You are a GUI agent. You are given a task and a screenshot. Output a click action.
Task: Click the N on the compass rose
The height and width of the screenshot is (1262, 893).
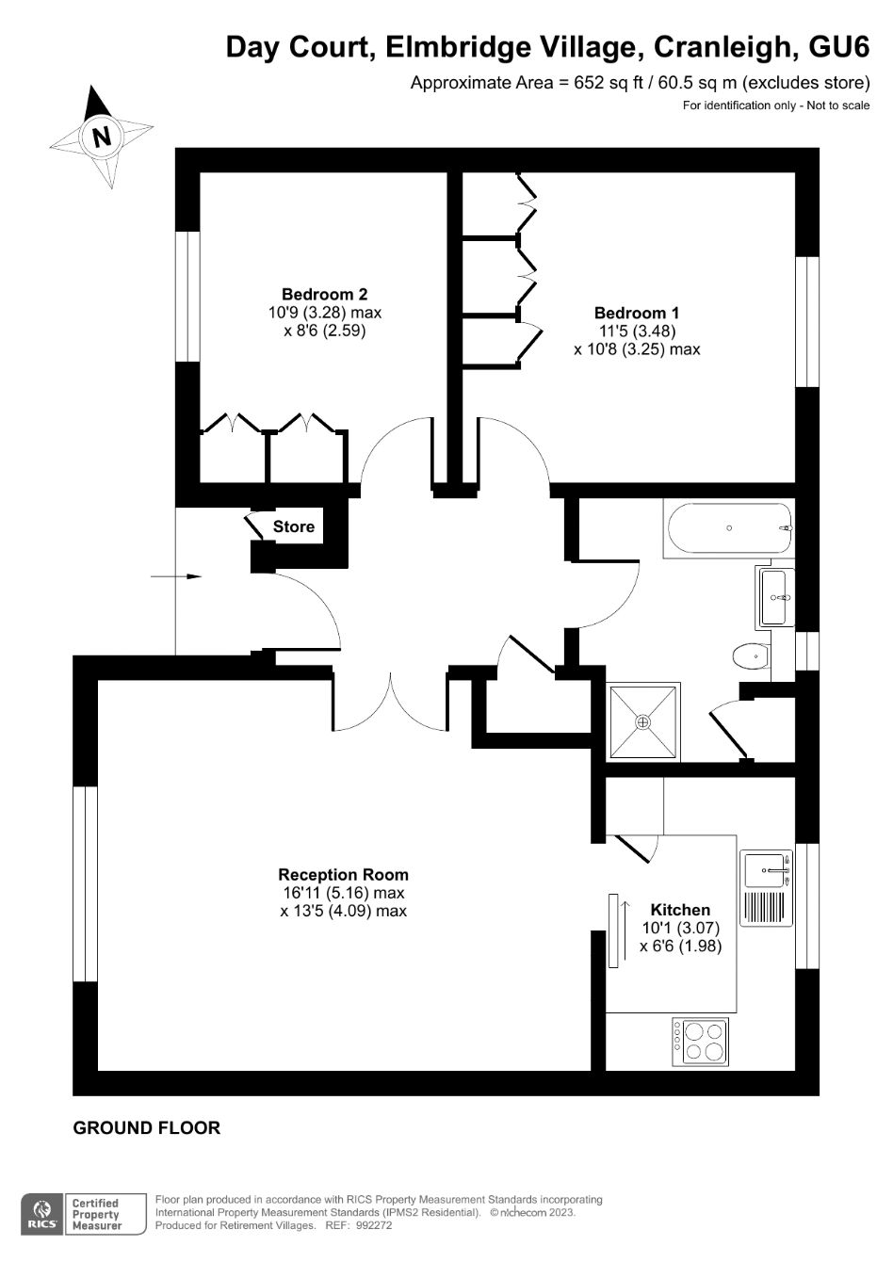pos(101,137)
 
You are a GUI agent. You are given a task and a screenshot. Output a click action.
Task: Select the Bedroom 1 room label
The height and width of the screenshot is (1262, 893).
pos(637,313)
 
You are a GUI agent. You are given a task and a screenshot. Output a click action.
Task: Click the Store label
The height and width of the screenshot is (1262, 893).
pos(293,526)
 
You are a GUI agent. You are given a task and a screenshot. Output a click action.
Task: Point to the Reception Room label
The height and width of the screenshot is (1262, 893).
pos(343,875)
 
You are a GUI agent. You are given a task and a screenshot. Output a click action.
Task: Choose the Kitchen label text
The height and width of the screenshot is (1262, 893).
pos(680,910)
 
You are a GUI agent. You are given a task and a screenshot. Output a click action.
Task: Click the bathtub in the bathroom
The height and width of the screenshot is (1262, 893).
pos(728,528)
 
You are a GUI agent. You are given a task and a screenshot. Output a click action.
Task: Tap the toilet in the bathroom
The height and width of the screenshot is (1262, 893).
pos(750,655)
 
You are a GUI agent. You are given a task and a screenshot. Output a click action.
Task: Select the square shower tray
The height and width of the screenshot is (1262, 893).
pos(643,721)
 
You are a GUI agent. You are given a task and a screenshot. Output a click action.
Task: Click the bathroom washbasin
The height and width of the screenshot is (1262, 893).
pos(774,597)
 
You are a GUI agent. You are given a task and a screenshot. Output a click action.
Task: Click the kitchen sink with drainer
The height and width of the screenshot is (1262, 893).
pos(766,888)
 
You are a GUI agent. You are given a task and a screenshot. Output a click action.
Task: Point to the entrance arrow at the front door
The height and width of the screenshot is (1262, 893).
pos(175,576)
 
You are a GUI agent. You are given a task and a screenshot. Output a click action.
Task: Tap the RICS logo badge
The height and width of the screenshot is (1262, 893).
pos(42,1213)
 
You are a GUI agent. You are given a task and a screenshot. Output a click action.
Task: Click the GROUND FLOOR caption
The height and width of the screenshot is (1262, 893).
pos(147,1128)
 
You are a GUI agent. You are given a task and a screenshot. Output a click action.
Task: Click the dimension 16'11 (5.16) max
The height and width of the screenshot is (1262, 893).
pos(343,893)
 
